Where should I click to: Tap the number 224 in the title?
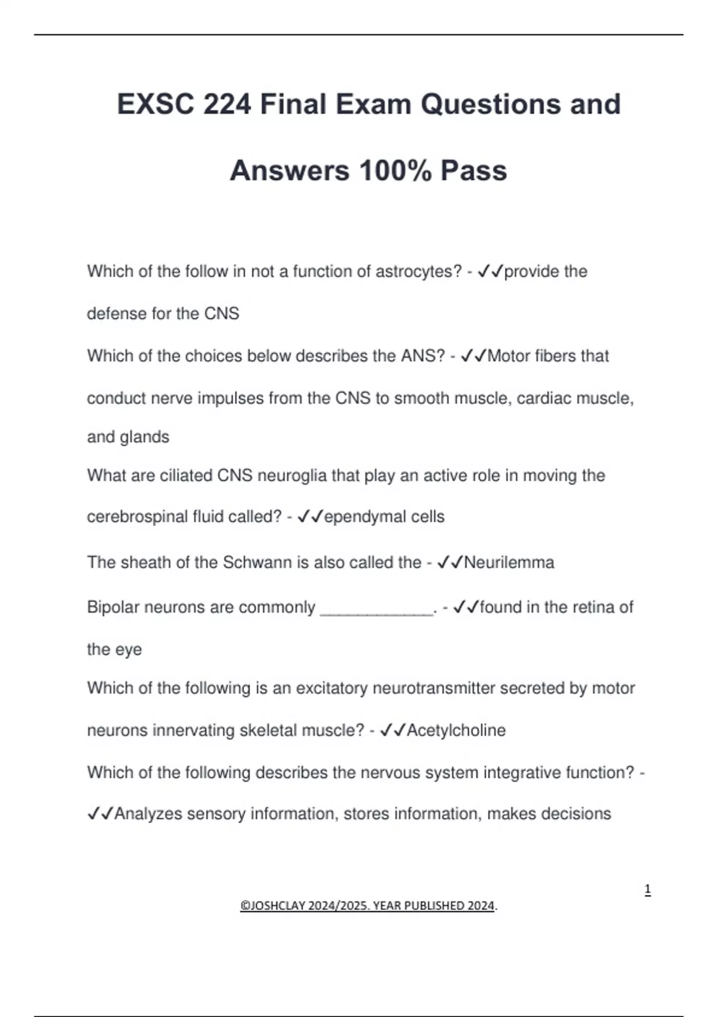pyautogui.click(x=227, y=105)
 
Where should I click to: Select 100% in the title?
pyautogui.click(x=395, y=171)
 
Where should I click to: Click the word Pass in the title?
pyautogui.click(x=474, y=171)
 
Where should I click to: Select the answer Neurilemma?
pyautogui.click(x=509, y=562)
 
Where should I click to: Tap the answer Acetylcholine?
pyautogui.click(x=456, y=730)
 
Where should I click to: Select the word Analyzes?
pyautogui.click(x=148, y=814)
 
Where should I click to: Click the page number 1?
pyautogui.click(x=647, y=890)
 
